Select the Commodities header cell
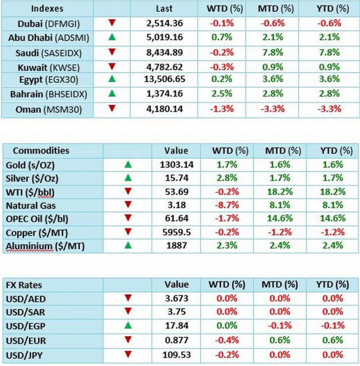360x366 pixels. click(x=41, y=151)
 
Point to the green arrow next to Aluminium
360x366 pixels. click(x=127, y=245)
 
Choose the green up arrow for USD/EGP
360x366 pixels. click(x=127, y=325)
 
